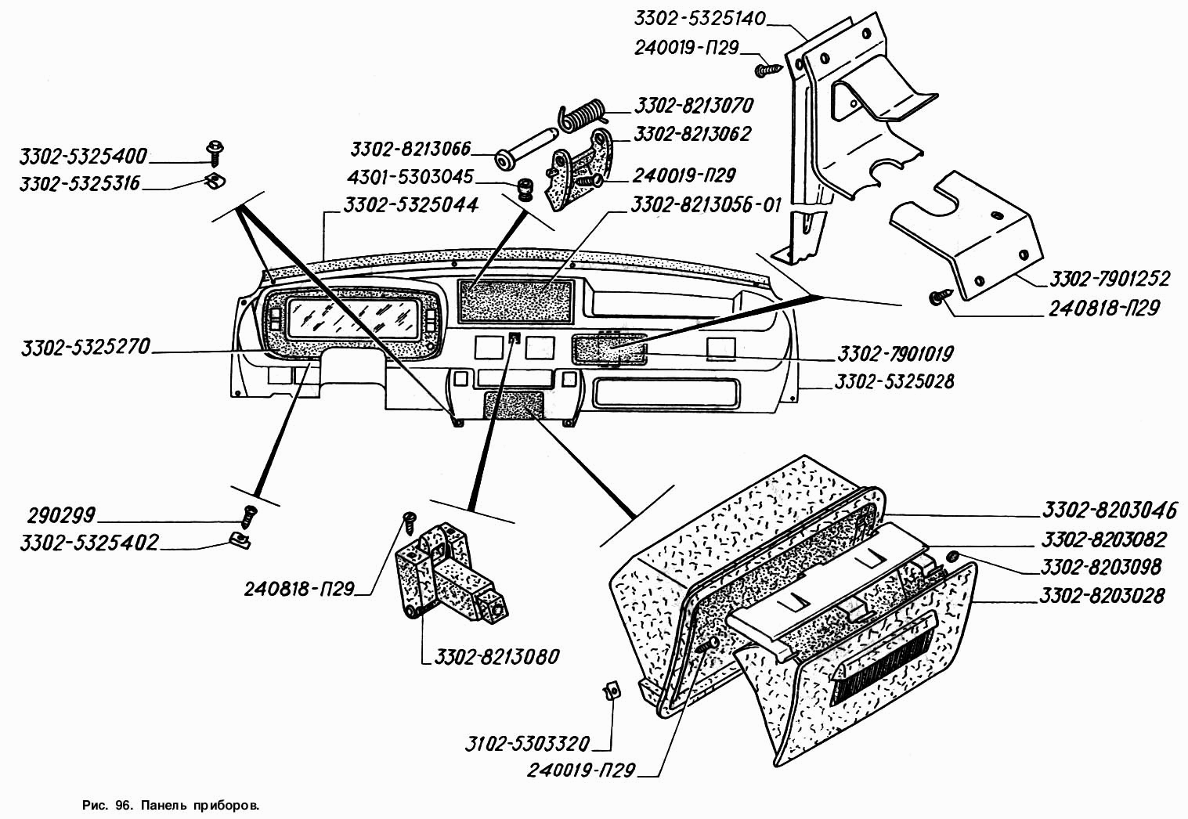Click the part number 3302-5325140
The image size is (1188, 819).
699,19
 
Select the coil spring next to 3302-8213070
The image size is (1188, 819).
582,116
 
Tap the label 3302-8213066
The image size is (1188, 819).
410,150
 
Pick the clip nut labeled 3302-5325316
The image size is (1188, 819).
215,181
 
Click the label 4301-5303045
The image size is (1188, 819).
410,176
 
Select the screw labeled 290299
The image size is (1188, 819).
248,516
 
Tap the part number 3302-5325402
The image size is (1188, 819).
89,543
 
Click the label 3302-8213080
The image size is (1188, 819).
497,657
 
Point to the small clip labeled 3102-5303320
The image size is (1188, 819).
612,691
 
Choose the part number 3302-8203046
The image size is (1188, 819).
1110,511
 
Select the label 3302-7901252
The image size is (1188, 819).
1110,278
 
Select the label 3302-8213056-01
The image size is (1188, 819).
706,204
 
